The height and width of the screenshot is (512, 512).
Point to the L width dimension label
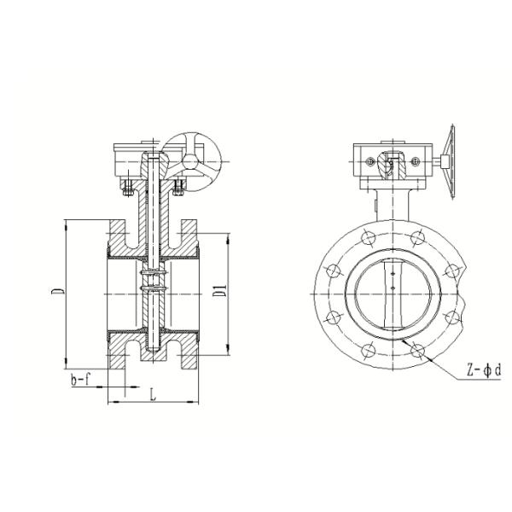[x=152, y=394]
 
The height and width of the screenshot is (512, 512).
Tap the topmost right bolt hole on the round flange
[x=416, y=237]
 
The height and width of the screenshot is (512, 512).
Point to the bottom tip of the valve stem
[x=152, y=346]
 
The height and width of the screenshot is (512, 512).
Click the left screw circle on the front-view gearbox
[x=368, y=159]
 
